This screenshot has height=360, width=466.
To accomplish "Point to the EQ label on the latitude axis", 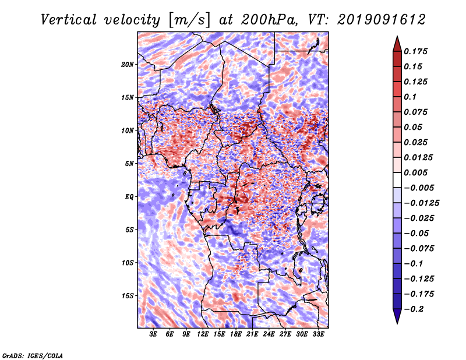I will (129, 197).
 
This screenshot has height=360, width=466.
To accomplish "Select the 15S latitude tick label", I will (128, 296).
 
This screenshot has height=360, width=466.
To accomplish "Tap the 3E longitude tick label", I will (154, 334).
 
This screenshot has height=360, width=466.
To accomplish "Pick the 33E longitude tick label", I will (318, 334).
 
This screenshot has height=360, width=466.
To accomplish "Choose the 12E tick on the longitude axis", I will (203, 334).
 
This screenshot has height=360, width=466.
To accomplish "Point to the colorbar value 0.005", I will (418, 172).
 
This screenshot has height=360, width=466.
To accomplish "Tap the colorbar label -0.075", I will (420, 248).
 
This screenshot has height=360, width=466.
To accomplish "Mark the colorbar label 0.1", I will (412, 97).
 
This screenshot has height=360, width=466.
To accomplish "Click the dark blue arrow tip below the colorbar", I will (397, 319).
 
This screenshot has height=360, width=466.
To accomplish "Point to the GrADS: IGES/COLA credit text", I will (32, 355).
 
